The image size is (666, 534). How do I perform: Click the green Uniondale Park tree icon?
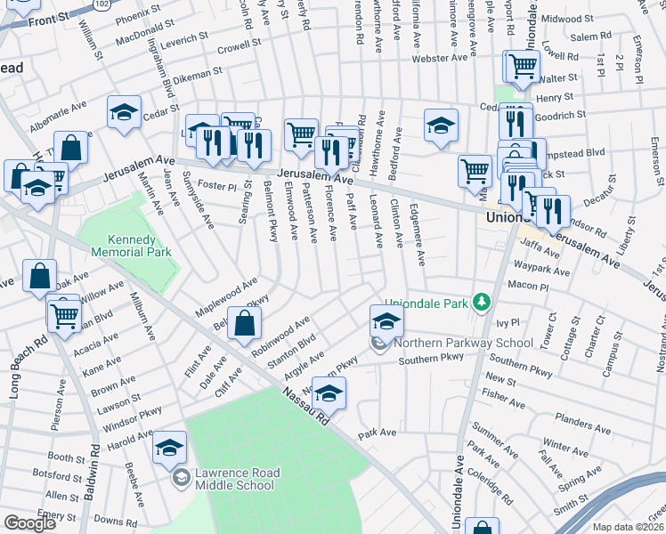pos(483,303)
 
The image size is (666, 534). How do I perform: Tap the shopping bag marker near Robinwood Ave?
pos(244,326)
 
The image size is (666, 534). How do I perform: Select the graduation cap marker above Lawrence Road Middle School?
pos(169,449)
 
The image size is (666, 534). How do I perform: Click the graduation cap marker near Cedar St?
pos(124,113)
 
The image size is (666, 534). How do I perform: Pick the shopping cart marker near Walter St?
pos(524,65)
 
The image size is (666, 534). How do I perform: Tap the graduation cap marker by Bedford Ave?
pos(441,126)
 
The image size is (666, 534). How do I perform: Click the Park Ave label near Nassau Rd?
pos(377,435)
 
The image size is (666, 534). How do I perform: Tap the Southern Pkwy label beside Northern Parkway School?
pos(431,359)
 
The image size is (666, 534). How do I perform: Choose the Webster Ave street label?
pos(439,59)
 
